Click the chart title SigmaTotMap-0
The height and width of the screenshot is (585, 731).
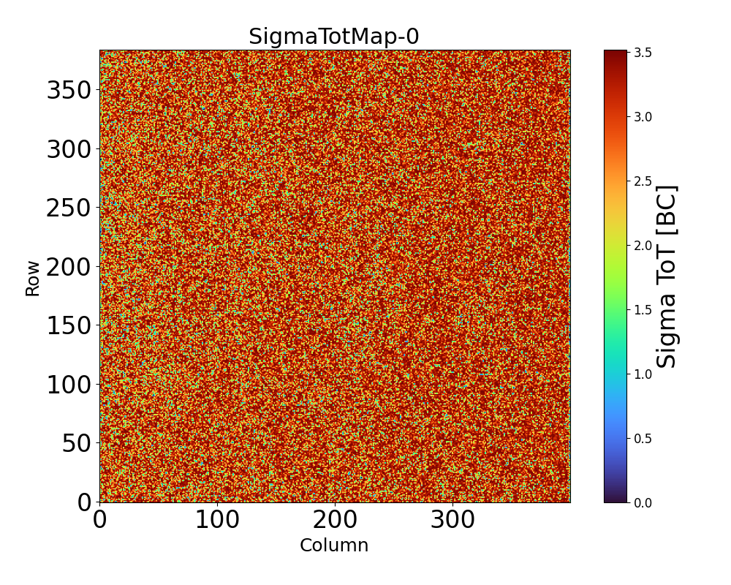334,37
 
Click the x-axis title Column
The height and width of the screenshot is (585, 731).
334,546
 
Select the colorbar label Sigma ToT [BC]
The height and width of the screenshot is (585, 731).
666,276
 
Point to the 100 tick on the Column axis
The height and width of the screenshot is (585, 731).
217,521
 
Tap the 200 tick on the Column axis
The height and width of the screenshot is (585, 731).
335,521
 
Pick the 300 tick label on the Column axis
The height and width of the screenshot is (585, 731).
452,521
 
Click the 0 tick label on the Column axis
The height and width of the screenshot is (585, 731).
100,521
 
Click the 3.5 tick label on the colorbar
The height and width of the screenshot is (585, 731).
643,53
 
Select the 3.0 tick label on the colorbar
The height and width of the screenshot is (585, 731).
643,117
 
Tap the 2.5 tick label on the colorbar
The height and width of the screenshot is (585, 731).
643,181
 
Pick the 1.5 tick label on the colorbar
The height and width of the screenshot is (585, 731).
643,310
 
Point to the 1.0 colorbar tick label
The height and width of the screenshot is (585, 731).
643,374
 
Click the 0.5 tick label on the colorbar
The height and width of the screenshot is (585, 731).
643,439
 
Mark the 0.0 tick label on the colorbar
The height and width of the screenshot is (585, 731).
643,502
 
